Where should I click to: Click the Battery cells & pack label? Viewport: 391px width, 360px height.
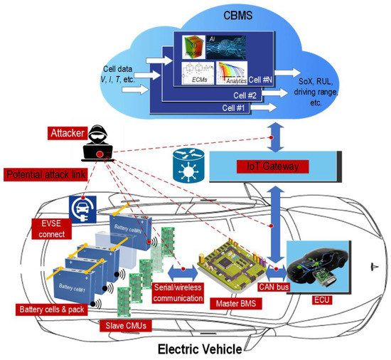tap(53, 309)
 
